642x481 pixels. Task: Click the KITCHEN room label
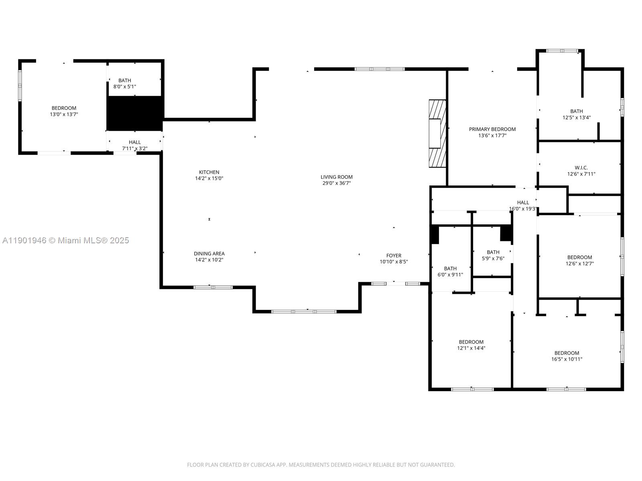point(209,172)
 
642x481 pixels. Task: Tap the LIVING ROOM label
point(336,177)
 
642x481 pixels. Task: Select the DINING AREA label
point(209,253)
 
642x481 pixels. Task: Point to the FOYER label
point(394,255)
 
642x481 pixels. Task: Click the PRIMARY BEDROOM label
point(492,129)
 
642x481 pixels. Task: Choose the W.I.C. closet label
point(581,168)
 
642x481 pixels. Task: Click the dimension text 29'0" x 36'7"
point(336,183)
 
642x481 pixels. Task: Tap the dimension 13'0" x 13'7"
point(64,114)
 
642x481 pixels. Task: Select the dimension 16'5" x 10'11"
point(567,359)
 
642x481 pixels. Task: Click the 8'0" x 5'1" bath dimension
point(125,87)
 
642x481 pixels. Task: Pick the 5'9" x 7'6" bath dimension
point(493,259)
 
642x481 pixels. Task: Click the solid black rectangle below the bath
point(135,113)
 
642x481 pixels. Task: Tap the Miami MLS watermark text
point(66,240)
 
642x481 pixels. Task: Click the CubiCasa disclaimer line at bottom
point(321,465)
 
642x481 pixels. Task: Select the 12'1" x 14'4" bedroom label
point(471,345)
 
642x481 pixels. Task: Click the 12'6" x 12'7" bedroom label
point(579,261)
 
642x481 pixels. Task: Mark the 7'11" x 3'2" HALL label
point(135,146)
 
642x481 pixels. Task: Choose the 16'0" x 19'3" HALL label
point(523,206)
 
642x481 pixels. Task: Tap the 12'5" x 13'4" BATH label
point(576,115)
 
